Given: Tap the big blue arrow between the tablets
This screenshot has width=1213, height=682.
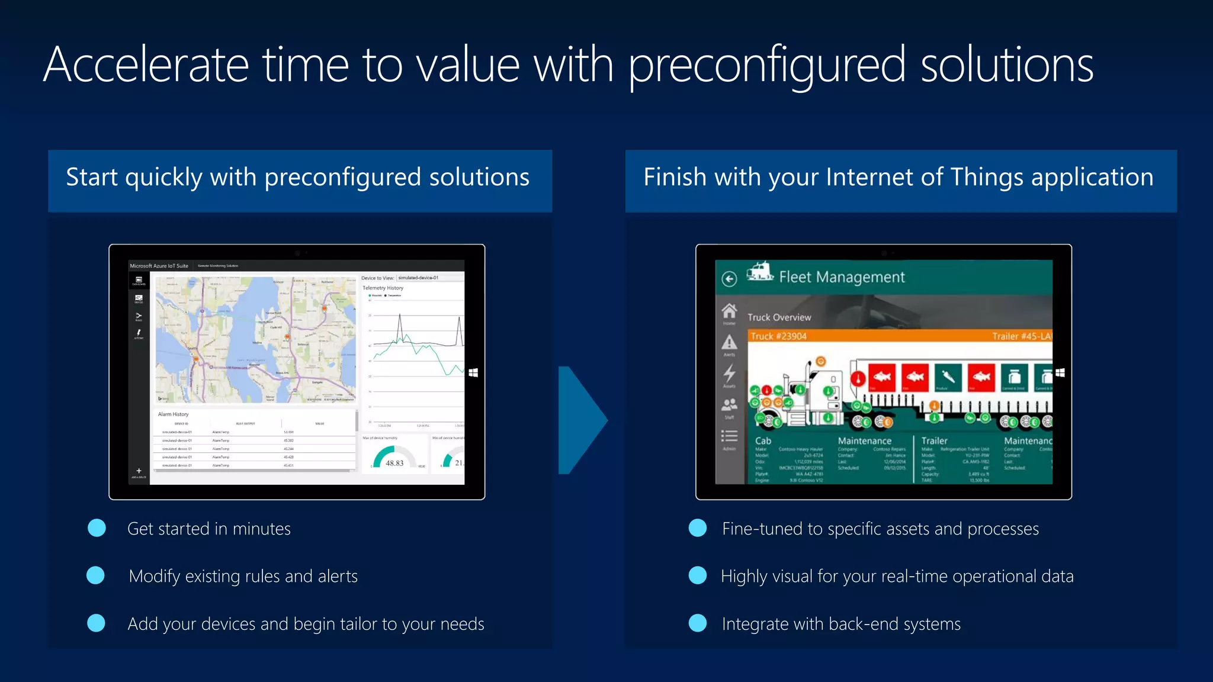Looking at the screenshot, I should (580, 420).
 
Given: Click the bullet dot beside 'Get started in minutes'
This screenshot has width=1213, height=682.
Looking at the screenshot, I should (97, 528).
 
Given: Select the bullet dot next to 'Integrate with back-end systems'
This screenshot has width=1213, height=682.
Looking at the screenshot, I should (698, 623).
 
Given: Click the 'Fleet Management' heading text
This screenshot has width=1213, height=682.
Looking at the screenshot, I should (842, 277).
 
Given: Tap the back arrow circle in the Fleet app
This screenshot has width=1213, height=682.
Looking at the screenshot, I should (729, 279).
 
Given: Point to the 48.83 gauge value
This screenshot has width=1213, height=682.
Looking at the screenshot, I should (394, 463).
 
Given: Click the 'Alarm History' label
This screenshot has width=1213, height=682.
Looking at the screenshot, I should (173, 414).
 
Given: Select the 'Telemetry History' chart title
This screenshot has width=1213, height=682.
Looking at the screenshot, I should (383, 288).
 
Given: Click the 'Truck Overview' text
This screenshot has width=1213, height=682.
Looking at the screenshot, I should (779, 317).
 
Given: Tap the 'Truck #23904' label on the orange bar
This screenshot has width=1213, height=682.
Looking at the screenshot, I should (778, 336).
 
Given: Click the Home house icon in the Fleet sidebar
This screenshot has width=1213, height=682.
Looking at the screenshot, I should (729, 310).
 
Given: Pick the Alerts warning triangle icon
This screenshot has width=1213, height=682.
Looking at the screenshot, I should (729, 342).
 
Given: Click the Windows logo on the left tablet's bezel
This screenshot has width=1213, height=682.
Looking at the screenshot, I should (473, 372).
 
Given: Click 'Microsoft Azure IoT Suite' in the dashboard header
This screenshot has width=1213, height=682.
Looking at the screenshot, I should (159, 266).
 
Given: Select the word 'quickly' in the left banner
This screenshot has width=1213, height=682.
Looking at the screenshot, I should (163, 178).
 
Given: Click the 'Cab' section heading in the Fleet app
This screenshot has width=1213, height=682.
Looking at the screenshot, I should (763, 440).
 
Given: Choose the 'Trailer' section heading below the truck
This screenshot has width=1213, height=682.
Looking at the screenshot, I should (934, 440).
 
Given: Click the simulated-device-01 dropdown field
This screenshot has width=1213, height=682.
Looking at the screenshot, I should (429, 278).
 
